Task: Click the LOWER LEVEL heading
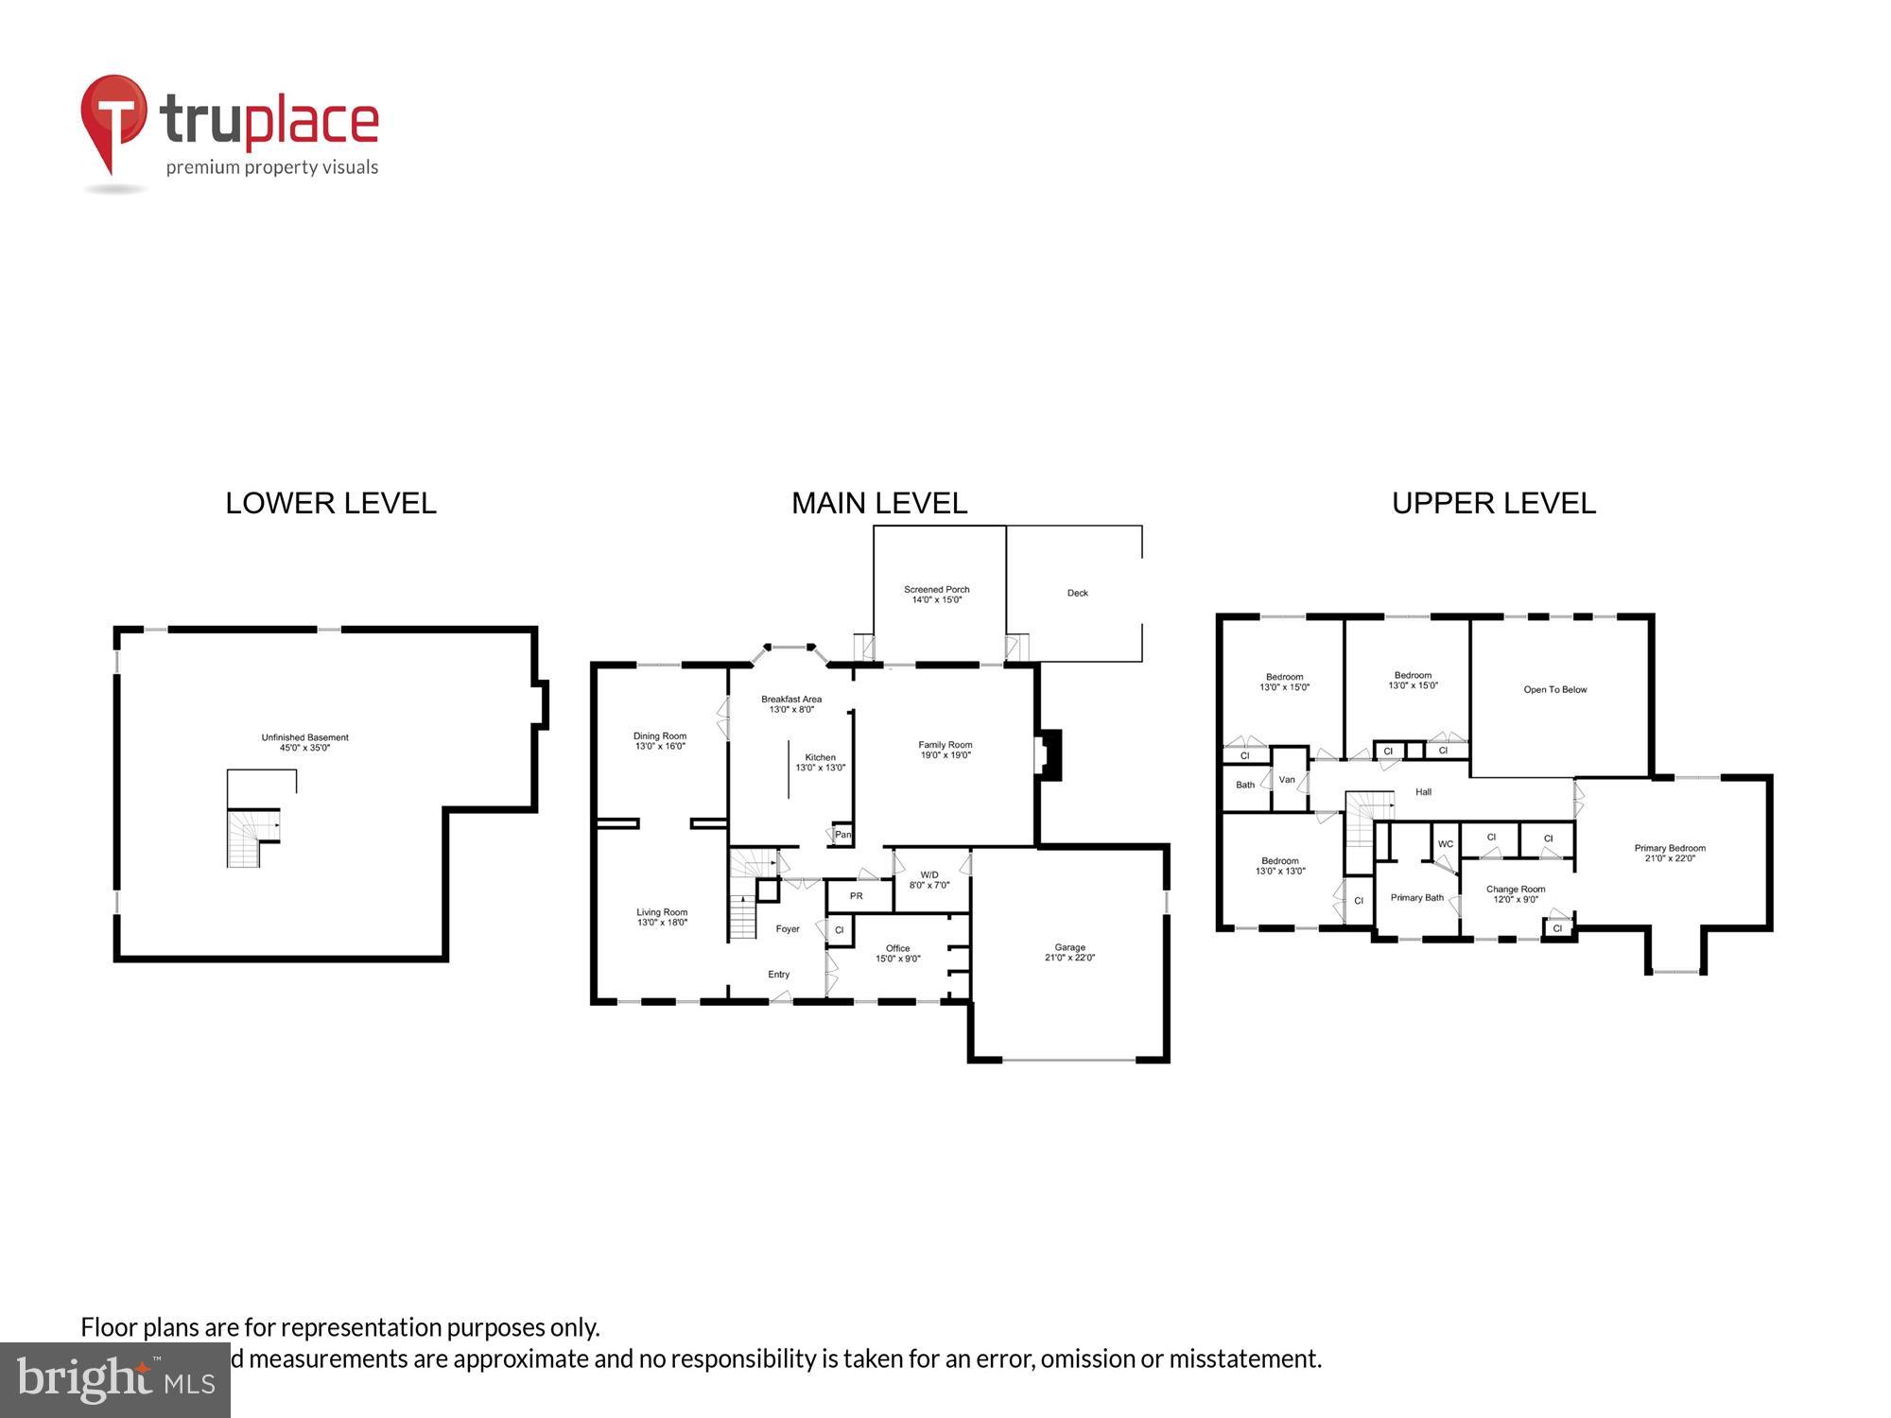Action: pos(330,503)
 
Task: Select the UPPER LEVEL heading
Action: pos(1493,503)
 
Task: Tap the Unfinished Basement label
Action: pos(304,737)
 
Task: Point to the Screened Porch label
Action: pos(936,590)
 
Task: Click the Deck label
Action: pos(1077,594)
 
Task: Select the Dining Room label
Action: pos(660,736)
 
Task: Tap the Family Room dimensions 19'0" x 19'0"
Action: pos(945,755)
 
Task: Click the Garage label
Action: pos(1069,947)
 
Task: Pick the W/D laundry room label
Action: pos(928,874)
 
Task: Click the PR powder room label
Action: pos(856,896)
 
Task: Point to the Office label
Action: pos(897,948)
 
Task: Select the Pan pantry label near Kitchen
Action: pos(842,835)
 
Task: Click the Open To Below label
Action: pos(1554,690)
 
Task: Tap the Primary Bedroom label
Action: pos(1669,848)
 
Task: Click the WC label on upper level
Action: pos(1445,844)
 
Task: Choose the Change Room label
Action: pos(1515,890)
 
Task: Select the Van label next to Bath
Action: pos(1287,780)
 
